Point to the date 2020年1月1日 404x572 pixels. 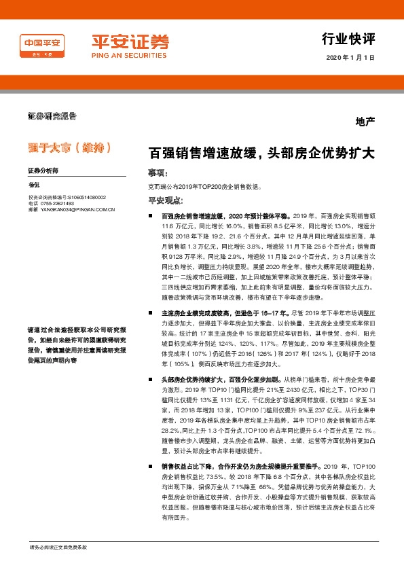click(x=350, y=58)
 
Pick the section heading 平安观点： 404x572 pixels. click(x=166, y=200)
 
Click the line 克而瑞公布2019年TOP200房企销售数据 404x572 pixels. click(x=204, y=186)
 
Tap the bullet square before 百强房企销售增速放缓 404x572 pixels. click(x=152, y=215)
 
